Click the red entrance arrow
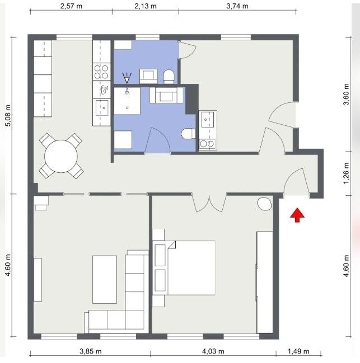pos(297,215)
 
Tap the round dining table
pos(61,156)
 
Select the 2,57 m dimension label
pos(71,6)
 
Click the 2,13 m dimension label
pos(146,6)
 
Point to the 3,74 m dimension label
pos(237,6)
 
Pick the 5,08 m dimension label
pos(8,116)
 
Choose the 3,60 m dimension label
pos(346,94)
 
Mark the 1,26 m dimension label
pos(346,173)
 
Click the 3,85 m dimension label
pos(91,351)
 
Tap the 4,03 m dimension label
pos(213,351)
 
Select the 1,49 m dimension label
pos(298,351)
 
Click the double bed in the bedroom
pos(184,268)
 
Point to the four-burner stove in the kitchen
pos(101,72)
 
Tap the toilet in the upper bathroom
pos(169,77)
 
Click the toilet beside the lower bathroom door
pos(188,134)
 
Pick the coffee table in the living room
pos(105,280)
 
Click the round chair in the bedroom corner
pos(265,204)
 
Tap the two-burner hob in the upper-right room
pos(207,144)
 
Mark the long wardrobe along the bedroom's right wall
pos(265,282)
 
